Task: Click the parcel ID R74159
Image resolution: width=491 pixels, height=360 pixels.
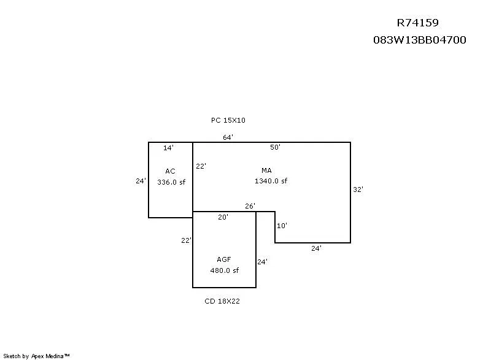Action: (418, 23)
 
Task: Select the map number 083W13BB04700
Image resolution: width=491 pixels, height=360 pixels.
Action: (420, 40)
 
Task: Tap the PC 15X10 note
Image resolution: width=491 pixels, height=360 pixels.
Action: (228, 120)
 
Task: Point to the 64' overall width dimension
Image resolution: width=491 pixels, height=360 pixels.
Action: (228, 137)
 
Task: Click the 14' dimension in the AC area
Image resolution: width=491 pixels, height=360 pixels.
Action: (168, 148)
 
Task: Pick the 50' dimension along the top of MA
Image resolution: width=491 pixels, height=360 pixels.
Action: (275, 147)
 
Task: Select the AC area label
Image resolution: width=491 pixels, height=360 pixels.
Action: (170, 171)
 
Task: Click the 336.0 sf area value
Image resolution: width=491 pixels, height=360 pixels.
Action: (171, 182)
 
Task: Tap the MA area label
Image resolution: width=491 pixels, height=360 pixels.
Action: (266, 170)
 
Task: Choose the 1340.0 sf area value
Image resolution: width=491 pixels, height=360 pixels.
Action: (271, 181)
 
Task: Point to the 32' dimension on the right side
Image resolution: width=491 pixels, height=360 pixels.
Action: (358, 190)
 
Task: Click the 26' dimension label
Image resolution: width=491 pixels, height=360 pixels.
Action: (250, 206)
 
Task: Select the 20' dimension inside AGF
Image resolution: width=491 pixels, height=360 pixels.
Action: (223, 217)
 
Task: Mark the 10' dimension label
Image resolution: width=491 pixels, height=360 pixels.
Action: (282, 226)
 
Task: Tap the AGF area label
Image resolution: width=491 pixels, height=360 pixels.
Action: (224, 259)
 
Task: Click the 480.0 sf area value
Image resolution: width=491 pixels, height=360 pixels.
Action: (224, 270)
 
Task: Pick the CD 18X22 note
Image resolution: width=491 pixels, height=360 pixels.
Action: (222, 301)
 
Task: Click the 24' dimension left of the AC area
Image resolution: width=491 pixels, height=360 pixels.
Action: (141, 181)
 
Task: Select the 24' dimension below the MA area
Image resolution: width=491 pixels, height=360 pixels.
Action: (316, 248)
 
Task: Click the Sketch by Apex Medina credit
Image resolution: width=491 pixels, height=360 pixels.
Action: (36, 356)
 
